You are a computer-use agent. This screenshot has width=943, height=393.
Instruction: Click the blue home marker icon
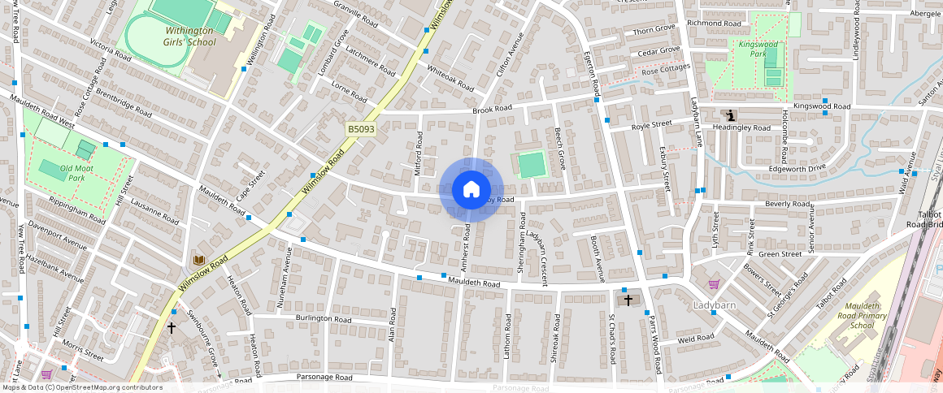click(x=471, y=190)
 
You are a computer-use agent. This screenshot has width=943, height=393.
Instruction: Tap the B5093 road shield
click(x=360, y=129)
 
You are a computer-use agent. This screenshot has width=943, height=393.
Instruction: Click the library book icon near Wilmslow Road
click(x=198, y=260)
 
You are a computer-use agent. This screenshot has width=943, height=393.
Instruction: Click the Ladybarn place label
click(x=714, y=304)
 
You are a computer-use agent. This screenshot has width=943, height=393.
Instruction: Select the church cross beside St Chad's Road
click(x=628, y=300)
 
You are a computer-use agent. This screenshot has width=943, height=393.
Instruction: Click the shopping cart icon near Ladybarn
click(x=714, y=284)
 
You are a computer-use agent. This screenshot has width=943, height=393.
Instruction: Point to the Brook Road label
click(x=493, y=109)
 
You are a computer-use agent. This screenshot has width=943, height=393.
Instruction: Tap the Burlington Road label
click(x=324, y=319)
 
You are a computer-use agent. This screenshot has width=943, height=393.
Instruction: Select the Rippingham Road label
click(x=76, y=209)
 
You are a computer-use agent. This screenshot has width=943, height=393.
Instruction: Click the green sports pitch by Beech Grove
click(x=532, y=165)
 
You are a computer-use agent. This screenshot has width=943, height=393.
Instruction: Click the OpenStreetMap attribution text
click(x=81, y=387)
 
